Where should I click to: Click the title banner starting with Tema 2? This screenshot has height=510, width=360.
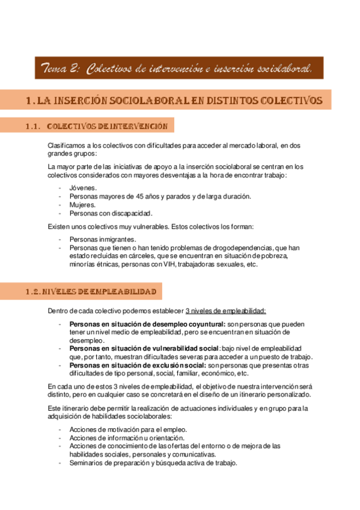click(178, 69)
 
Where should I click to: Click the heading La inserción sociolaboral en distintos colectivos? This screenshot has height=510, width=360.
click(174, 100)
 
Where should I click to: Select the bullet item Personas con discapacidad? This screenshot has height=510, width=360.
click(111, 213)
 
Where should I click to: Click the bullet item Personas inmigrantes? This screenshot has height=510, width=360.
click(102, 239)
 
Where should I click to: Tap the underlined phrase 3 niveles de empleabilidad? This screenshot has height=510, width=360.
click(226, 311)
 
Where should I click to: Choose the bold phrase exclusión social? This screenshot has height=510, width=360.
click(176, 365)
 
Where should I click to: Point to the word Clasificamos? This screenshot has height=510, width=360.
click(67, 145)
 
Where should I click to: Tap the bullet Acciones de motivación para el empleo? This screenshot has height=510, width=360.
click(128, 429)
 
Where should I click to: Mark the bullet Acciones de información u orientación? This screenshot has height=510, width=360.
click(129, 437)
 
